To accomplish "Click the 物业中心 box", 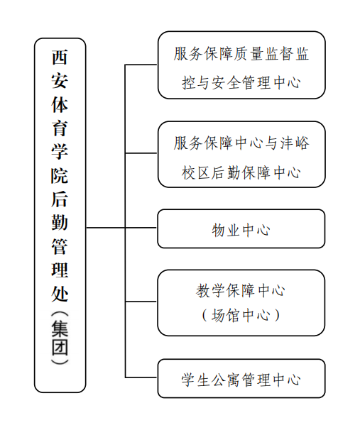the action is [241, 228].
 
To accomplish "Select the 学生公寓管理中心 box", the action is [241, 378].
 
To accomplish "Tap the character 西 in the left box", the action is [60, 57].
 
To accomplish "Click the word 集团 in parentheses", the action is [60, 338].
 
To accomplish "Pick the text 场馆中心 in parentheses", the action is [241, 315].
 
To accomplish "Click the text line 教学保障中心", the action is [241, 290].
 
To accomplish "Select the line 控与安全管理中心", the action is [241, 82].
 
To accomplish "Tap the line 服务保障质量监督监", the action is [241, 53].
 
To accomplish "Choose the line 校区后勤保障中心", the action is [241, 172].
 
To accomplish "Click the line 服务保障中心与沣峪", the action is [241, 143].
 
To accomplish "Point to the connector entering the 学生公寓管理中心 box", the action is [141, 377].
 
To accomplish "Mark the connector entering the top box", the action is [141, 65].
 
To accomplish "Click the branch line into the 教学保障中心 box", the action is [141, 301].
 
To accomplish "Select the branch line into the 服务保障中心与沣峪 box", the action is [141, 153].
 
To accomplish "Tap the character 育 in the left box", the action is [60, 128].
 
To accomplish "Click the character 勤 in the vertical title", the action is [60, 222].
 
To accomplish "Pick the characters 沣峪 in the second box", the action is [295, 143].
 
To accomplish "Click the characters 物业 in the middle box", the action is [226, 230].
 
